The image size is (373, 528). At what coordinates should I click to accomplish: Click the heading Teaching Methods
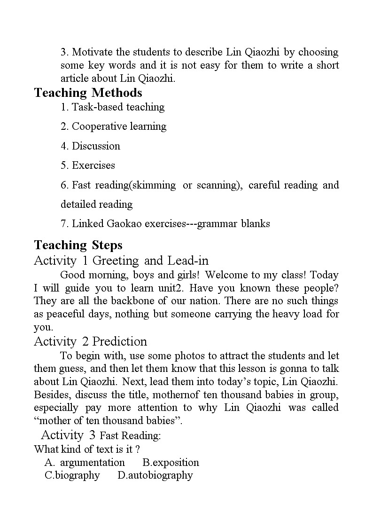(x=88, y=93)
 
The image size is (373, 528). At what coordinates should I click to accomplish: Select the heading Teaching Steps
(x=78, y=245)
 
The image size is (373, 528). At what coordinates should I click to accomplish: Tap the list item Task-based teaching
(x=113, y=107)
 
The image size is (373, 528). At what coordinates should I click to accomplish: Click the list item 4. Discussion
(x=90, y=146)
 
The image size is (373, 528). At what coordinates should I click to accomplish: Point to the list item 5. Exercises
(x=88, y=165)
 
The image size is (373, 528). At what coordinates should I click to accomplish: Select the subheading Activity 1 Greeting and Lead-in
(x=121, y=260)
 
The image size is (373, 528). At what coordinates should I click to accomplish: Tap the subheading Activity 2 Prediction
(x=90, y=341)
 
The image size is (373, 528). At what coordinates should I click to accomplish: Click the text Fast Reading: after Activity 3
(x=131, y=435)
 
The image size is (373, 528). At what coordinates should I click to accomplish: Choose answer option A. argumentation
(x=85, y=462)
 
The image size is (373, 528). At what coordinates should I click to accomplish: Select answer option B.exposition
(x=171, y=462)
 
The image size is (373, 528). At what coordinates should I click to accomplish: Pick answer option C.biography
(x=72, y=475)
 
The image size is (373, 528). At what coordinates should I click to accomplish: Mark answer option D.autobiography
(x=155, y=475)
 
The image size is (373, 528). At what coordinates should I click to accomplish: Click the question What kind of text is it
(x=87, y=449)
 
